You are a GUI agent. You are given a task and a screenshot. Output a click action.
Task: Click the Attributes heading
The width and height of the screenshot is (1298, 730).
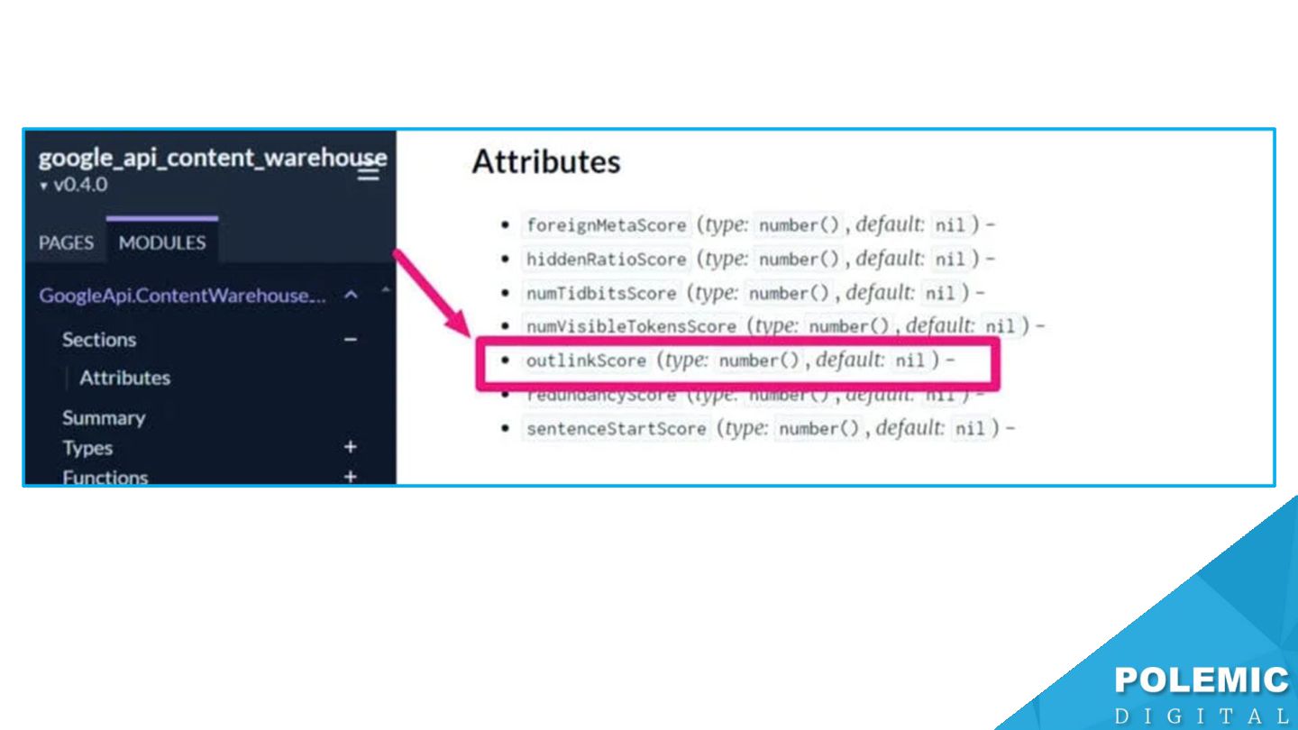[546, 162]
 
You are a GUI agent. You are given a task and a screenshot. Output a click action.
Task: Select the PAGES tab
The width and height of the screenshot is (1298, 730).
[66, 242]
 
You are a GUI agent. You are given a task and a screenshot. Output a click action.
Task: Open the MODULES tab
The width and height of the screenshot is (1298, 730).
[162, 242]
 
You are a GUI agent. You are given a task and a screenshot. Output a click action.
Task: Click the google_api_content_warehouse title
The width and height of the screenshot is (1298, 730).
[212, 159]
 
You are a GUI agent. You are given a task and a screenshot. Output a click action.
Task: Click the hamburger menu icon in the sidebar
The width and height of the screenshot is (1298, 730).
[369, 172]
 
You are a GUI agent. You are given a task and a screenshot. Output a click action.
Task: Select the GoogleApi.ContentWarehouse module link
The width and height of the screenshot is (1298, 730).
[182, 296]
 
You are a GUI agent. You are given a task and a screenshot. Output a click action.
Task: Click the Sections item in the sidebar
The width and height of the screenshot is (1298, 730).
[99, 340]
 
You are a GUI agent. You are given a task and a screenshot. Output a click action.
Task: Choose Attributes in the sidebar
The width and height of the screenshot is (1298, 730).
[124, 378]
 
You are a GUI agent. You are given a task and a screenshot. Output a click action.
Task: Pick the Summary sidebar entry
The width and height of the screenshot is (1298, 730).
[104, 418]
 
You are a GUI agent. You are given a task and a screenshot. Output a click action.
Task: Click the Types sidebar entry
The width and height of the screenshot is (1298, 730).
[87, 448]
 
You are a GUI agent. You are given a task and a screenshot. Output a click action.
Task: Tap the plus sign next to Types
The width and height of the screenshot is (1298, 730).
[351, 447]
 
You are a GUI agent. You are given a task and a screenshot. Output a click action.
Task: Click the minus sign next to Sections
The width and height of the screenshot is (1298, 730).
[351, 340]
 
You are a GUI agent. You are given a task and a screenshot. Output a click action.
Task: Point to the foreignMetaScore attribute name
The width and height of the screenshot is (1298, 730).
[606, 225]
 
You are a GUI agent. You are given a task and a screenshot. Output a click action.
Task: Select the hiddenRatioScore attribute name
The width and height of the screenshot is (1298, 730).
[606, 260]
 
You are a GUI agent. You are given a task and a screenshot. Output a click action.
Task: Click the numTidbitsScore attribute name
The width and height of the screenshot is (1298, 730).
[600, 294]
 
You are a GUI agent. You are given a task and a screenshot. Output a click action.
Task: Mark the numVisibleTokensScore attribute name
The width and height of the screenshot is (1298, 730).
[631, 326]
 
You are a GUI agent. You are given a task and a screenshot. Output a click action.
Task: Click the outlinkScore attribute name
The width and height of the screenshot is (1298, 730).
[586, 361]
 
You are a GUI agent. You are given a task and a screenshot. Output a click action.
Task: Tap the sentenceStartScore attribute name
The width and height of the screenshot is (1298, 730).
[616, 429]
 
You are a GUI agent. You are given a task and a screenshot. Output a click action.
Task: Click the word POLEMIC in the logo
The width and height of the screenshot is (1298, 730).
[1202, 681]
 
